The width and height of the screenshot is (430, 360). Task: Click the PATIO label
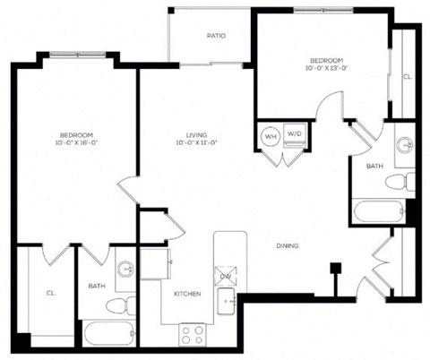click(215, 37)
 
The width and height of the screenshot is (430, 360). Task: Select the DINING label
click(287, 246)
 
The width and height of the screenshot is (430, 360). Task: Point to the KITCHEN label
click(186, 295)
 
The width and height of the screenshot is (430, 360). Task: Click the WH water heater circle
click(270, 137)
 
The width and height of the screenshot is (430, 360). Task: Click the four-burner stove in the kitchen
click(191, 335)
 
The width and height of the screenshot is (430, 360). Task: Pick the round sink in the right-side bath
click(405, 144)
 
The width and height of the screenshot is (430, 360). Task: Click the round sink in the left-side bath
click(125, 269)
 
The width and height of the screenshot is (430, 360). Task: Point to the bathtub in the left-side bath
click(106, 337)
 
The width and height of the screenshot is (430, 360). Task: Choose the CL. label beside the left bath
click(50, 291)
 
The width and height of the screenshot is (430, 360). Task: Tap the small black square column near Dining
click(336, 266)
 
